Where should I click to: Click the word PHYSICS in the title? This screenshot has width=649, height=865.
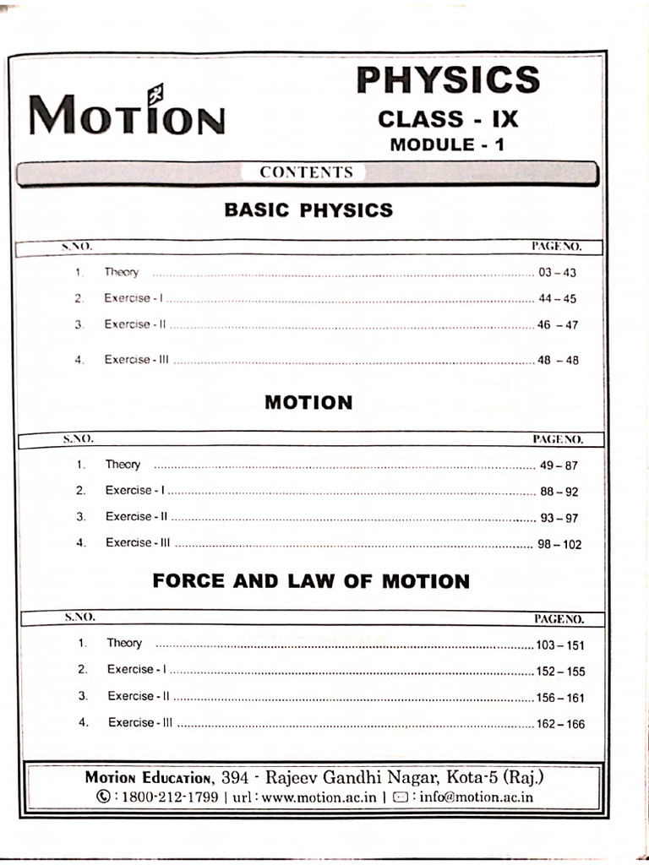coord(448,80)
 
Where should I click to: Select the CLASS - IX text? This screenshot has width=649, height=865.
coord(448,118)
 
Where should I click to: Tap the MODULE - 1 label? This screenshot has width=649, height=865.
coord(448,144)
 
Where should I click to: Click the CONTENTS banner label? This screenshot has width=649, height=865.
coord(306,172)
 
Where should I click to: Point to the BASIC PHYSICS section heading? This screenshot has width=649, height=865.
coord(308,210)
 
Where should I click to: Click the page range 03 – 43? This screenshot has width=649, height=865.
coord(557,273)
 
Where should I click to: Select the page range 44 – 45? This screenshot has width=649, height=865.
coord(557,299)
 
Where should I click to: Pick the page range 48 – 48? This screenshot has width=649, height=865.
coord(558,360)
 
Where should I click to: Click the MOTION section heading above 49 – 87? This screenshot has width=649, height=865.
coord(308,402)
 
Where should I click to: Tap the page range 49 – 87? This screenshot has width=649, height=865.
coord(559,465)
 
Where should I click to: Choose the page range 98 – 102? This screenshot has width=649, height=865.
coord(559,545)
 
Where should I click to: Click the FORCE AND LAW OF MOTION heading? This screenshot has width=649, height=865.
coord(310,581)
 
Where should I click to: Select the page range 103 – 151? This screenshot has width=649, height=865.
coord(559,645)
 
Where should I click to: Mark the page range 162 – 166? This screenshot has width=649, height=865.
coord(559,724)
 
